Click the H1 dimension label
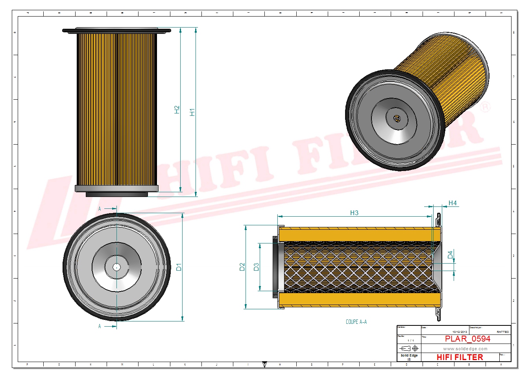coord(192,112)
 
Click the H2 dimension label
coord(177,110)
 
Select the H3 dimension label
coord(354,213)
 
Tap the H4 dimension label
coord(452,203)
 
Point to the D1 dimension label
coord(179,267)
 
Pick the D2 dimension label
coord(242,267)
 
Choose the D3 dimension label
coord(257,267)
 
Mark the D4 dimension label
coord(451,255)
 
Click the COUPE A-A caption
coord(356,322)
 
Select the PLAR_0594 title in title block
coord(467,339)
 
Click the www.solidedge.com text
coord(465,349)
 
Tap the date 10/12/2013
coord(460,332)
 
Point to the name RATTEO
coord(502,332)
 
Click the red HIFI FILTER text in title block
coord(460,357)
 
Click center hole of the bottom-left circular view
coord(116,267)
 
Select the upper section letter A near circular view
coord(100,208)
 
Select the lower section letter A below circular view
coord(100,326)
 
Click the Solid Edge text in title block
coord(409,355)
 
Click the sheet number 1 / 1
coord(410,340)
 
